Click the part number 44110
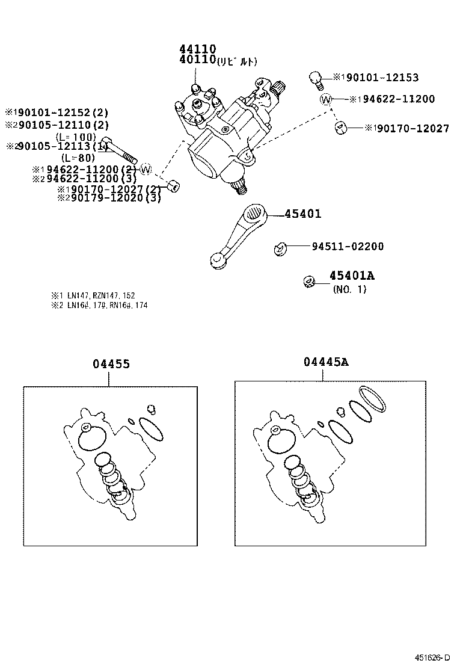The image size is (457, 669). tap(197, 49)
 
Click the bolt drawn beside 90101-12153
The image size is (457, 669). tap(314, 79)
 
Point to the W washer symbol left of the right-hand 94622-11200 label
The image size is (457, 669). tap(325, 99)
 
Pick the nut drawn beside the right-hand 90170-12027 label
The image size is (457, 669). tap(340, 128)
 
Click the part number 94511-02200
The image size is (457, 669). tap(348, 247)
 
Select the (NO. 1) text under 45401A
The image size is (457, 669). tap(349, 289)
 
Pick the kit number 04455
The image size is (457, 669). tap(111, 364)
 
